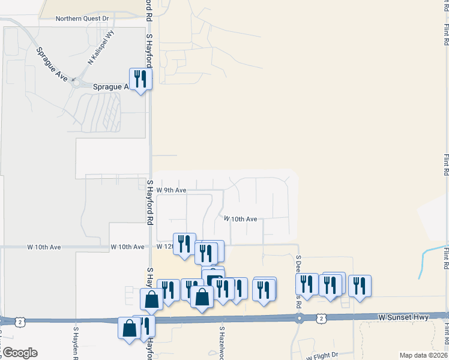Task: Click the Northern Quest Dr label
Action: tap(82, 19)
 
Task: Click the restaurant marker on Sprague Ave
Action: tap(141, 79)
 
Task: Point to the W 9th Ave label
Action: tap(171, 190)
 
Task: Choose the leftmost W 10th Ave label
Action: tap(44, 247)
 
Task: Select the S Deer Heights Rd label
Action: tap(298, 281)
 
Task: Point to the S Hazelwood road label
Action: tap(221, 343)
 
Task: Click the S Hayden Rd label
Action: tap(76, 343)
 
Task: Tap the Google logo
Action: tap(19, 353)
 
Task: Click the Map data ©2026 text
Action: tap(423, 355)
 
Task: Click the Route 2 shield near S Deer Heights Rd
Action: tap(322, 317)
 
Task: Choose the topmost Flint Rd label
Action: tap(446, 34)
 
